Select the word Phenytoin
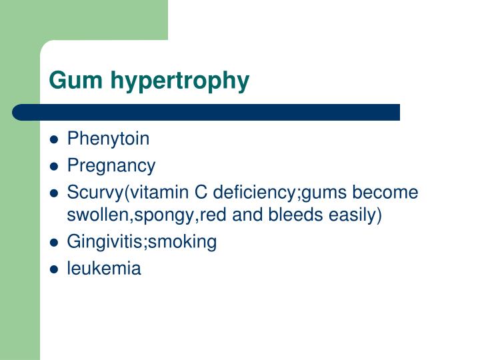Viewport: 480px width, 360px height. click(x=108, y=139)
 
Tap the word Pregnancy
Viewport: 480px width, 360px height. click(x=111, y=166)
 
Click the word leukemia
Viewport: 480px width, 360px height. click(x=104, y=269)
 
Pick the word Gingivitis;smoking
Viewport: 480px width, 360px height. click(x=142, y=243)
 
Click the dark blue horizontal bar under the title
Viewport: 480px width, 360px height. click(x=207, y=112)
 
